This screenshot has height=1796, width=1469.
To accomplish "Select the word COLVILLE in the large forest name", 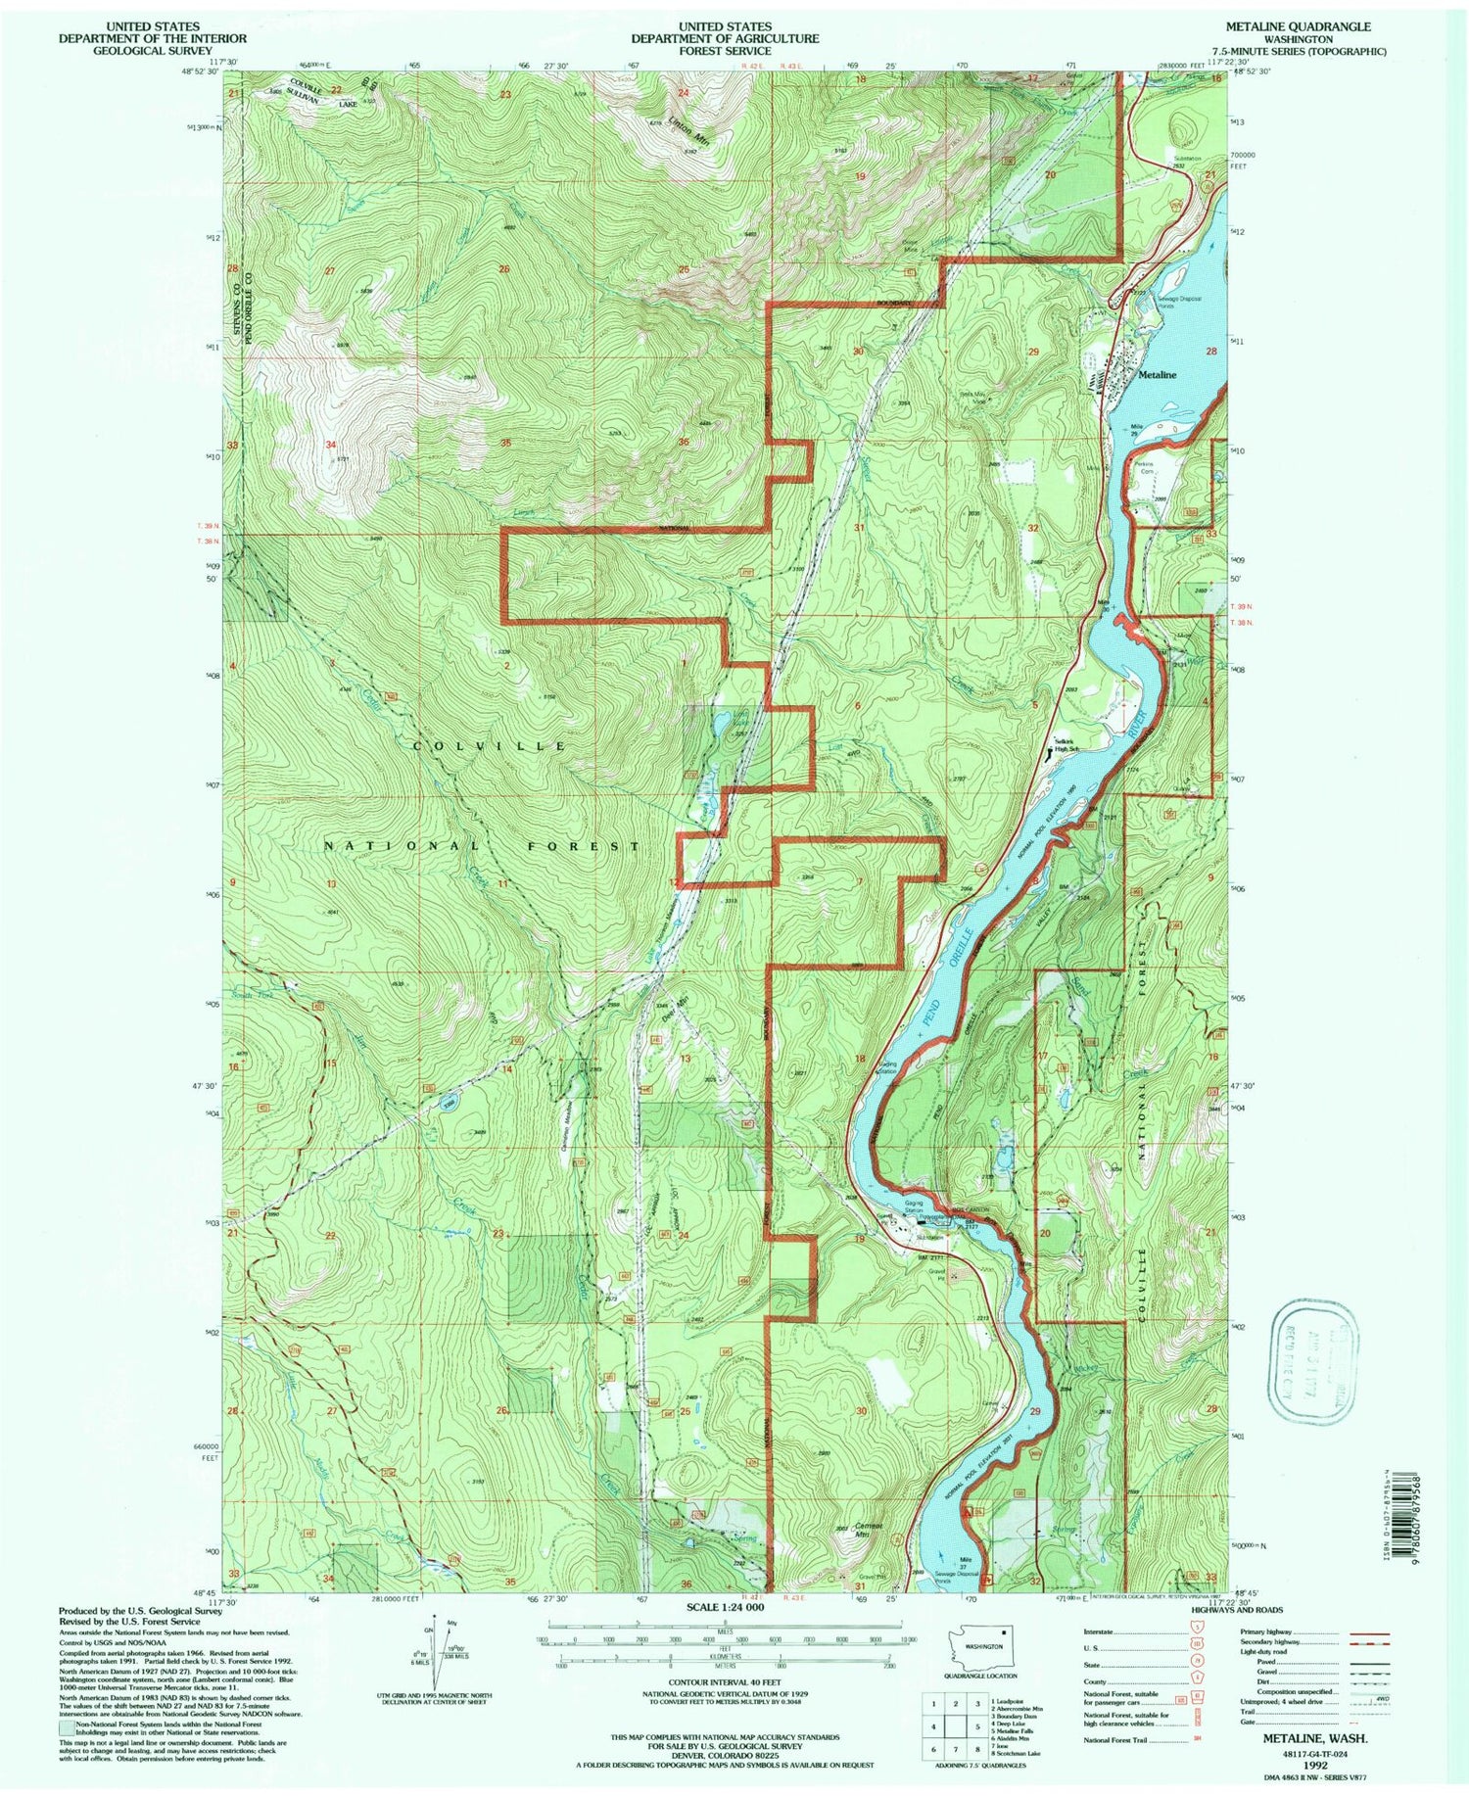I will point(490,746).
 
